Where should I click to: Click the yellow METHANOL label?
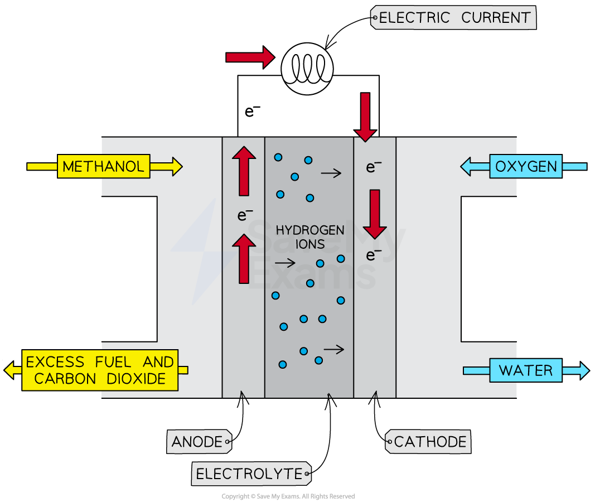[103, 166]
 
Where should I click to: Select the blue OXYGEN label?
[525, 166]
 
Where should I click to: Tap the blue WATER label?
[525, 370]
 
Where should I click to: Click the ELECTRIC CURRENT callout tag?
[453, 18]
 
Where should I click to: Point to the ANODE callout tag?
[199, 442]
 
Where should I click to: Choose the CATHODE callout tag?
[428, 442]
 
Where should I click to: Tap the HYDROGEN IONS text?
[310, 237]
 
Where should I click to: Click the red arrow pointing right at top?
[250, 57]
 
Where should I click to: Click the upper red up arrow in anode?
[244, 171]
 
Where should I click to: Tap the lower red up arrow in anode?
[244, 258]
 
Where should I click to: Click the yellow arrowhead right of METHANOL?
[176, 166]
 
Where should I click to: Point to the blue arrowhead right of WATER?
[583, 370]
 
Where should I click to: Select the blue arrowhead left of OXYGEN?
[466, 166]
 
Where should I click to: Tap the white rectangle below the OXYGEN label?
[488, 269]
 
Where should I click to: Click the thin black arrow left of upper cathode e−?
[331, 173]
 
